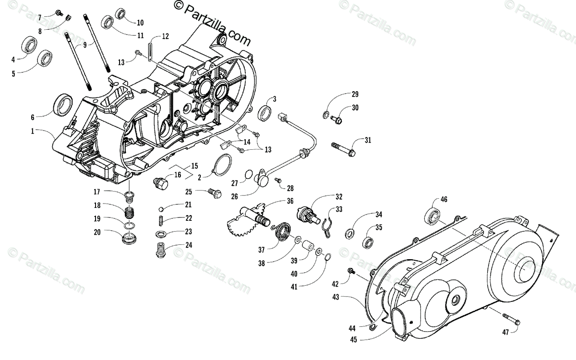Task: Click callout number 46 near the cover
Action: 444,201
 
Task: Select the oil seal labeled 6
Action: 62,103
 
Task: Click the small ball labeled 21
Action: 162,209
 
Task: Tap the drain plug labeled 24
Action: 161,251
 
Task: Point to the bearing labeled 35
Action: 369,242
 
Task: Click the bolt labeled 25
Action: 215,193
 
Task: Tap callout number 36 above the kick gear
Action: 290,201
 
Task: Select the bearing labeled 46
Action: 433,217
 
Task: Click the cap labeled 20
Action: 129,238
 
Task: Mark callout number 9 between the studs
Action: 85,45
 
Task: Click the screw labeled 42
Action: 352,272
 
